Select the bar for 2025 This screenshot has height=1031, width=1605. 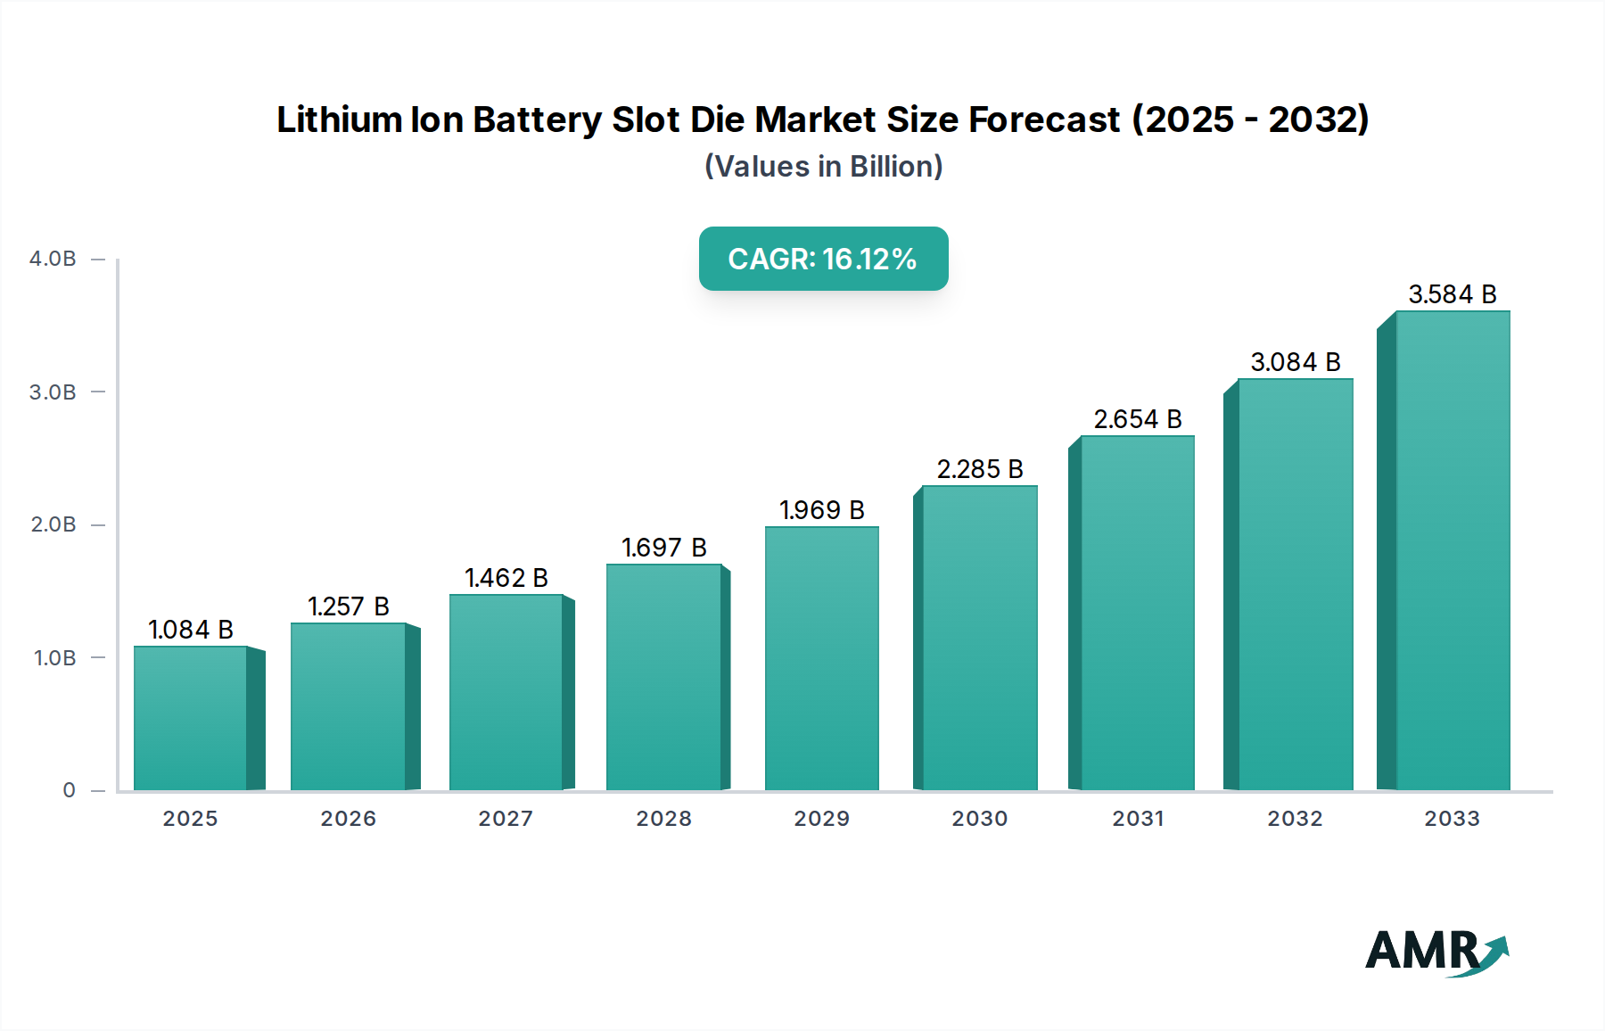[x=190, y=718]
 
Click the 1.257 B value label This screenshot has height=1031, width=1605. [x=349, y=606]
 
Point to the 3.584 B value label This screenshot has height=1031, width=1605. [x=1452, y=294]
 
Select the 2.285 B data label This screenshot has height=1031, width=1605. [x=979, y=469]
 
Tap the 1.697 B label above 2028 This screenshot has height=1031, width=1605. [x=663, y=548]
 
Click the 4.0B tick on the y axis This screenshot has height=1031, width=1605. [x=53, y=259]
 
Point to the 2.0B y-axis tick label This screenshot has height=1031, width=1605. [x=53, y=524]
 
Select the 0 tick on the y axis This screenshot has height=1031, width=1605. [x=69, y=790]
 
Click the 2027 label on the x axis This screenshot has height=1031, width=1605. [x=506, y=819]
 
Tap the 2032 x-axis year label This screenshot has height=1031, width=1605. [x=1295, y=819]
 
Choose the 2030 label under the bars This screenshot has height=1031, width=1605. [x=979, y=819]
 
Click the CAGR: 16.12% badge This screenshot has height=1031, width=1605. [x=823, y=259]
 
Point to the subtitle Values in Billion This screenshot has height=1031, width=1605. [x=823, y=167]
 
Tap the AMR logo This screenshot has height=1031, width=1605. [x=1436, y=952]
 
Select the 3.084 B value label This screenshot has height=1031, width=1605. [x=1295, y=362]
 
